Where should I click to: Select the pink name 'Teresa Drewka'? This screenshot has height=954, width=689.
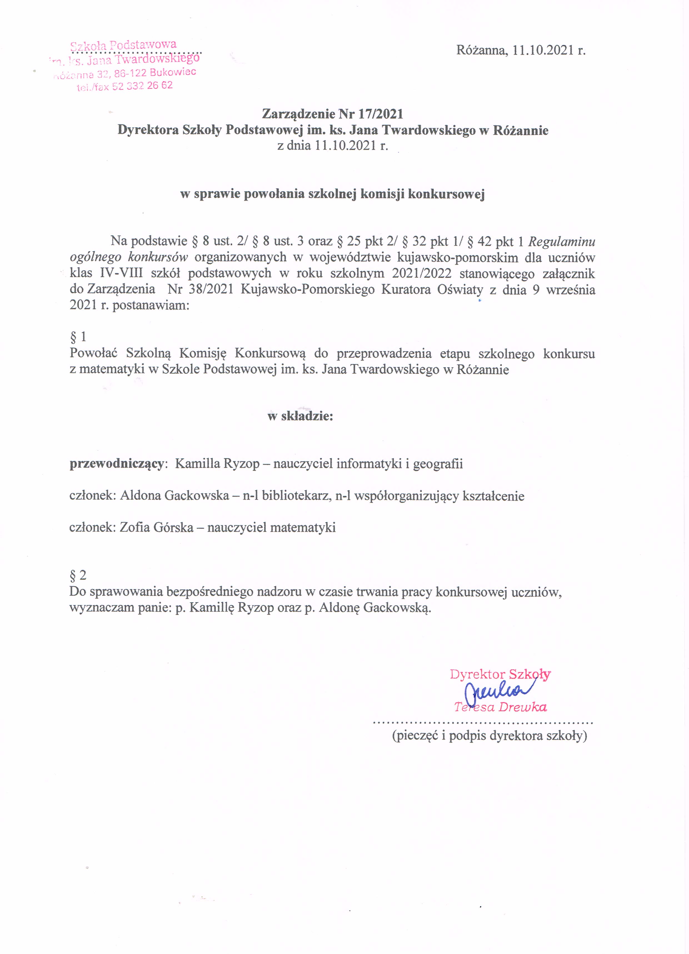(500, 707)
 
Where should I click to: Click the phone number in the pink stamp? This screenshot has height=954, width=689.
(142, 86)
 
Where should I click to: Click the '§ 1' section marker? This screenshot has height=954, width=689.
(78, 337)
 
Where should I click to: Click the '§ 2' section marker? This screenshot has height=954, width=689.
(78, 575)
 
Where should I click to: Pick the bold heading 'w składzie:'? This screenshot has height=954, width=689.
(300, 416)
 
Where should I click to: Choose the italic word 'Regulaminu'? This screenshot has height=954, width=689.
(561, 241)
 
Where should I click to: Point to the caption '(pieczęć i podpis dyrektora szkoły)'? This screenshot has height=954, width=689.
(490, 736)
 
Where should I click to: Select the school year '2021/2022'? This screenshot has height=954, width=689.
(421, 273)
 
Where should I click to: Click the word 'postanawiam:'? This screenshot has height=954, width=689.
(151, 306)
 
